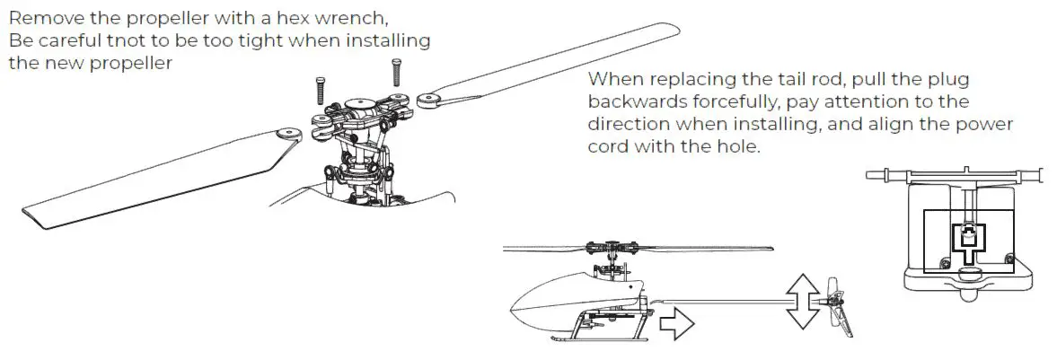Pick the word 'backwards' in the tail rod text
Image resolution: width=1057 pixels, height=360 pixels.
[x=633, y=101]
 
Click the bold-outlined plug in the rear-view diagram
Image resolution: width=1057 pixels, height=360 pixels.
[x=967, y=240]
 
